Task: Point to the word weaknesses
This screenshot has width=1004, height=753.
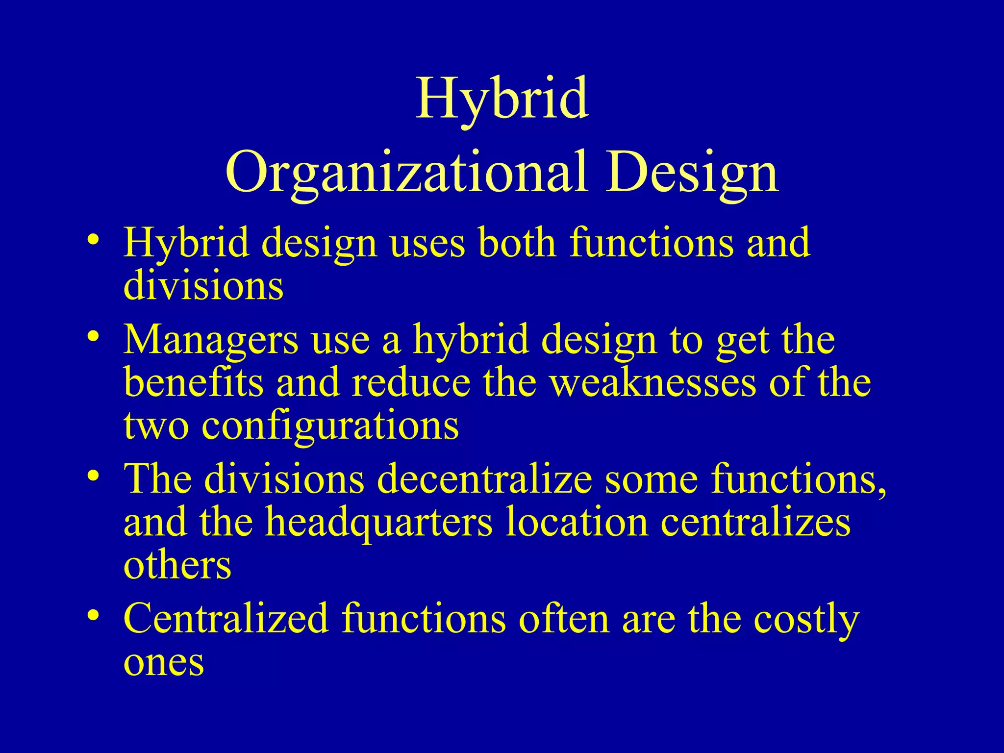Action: click(653, 383)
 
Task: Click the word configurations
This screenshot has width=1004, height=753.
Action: click(330, 426)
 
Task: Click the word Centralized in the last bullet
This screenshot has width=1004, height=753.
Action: click(226, 619)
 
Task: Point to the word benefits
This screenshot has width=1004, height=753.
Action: click(194, 383)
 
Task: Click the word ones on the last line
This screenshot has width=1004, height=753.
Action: click(164, 663)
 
